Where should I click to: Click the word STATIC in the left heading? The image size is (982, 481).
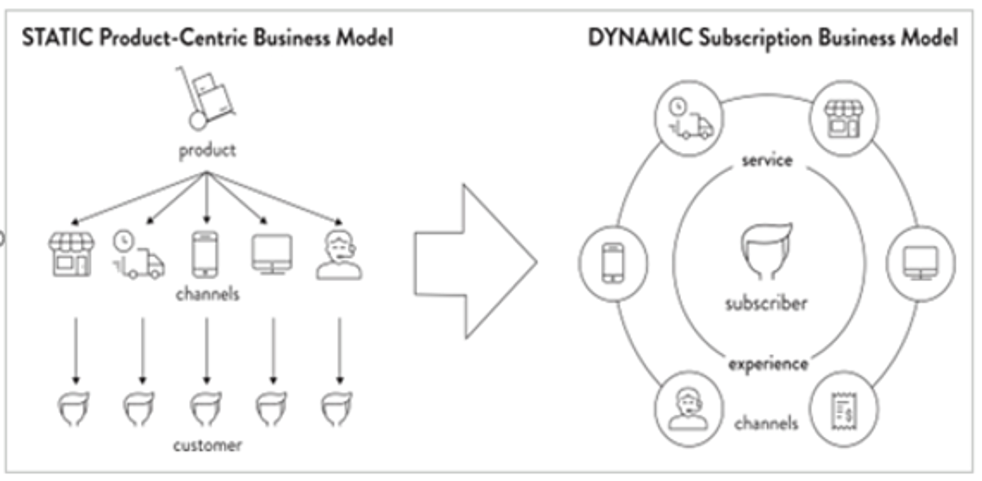pyautogui.click(x=57, y=38)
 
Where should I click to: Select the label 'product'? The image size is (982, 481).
pyautogui.click(x=207, y=150)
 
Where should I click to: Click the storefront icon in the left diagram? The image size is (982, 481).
pyautogui.click(x=72, y=255)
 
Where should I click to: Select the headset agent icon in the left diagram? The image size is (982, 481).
pyautogui.click(x=339, y=257)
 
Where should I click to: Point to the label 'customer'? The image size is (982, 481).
pyautogui.click(x=207, y=445)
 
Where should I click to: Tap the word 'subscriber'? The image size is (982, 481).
pyautogui.click(x=766, y=303)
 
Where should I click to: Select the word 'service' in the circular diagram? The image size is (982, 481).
pyautogui.click(x=767, y=160)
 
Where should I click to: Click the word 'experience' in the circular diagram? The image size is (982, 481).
pyautogui.click(x=768, y=363)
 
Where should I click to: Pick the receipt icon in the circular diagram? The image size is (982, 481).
pyautogui.click(x=844, y=411)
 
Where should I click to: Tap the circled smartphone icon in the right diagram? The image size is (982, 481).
pyautogui.click(x=613, y=263)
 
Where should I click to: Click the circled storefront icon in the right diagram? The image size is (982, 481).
pyautogui.click(x=843, y=119)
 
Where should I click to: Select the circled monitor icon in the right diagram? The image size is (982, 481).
pyautogui.click(x=920, y=263)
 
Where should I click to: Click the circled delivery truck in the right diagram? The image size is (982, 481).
pyautogui.click(x=689, y=119)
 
